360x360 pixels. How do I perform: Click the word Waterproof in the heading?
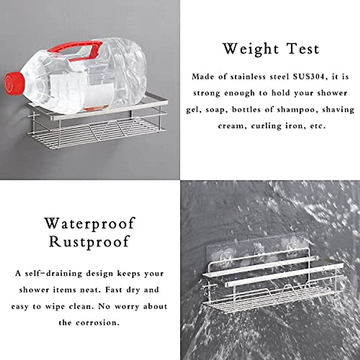point(90,223)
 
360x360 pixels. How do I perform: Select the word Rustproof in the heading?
point(90,241)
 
